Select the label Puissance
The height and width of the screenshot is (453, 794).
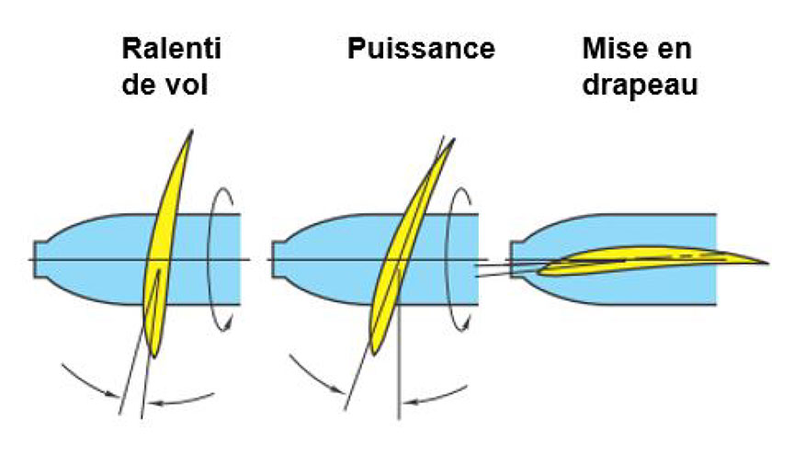[x=421, y=48]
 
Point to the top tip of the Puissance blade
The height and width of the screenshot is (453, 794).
[x=452, y=142]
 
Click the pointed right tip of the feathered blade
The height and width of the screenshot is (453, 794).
[x=766, y=263]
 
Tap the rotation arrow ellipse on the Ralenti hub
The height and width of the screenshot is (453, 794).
[x=221, y=257]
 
